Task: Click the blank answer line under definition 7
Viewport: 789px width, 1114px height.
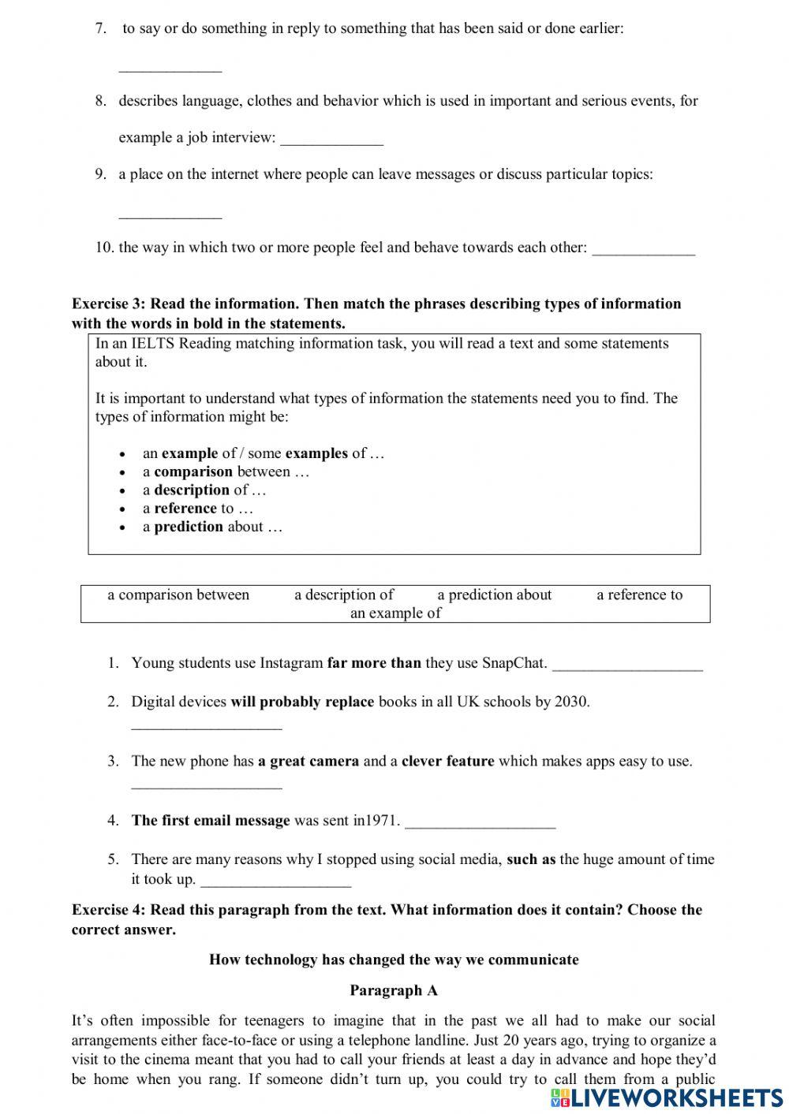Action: point(170,69)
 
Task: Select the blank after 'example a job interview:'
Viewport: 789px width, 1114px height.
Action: point(331,141)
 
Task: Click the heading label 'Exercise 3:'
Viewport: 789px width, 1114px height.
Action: point(109,304)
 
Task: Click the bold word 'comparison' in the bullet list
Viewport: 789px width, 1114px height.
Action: point(193,471)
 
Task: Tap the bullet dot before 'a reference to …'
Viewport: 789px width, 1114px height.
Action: point(122,509)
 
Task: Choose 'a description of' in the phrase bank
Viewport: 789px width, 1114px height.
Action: point(344,594)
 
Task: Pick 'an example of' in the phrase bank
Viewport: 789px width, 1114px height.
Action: point(395,613)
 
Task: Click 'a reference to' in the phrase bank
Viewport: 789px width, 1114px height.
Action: point(639,594)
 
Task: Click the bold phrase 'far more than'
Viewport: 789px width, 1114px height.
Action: point(374,663)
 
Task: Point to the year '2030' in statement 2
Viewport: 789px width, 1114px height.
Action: point(570,702)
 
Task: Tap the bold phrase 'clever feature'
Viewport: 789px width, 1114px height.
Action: point(447,761)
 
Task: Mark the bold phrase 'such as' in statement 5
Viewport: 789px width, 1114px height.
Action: point(531,859)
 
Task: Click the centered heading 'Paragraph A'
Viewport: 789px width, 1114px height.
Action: point(394,990)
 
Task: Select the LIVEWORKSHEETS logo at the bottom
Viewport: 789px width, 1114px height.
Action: point(667,1097)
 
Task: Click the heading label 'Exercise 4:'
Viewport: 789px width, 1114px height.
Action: point(109,910)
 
